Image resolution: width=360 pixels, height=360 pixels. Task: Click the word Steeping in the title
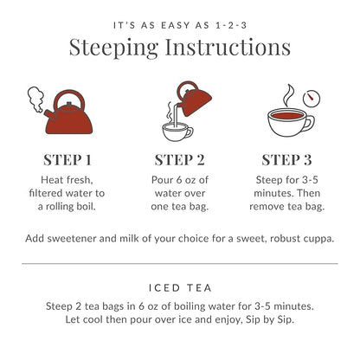(x=113, y=48)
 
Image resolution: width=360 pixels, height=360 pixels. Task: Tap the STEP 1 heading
(x=67, y=160)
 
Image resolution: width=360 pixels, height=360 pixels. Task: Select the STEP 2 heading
(x=179, y=160)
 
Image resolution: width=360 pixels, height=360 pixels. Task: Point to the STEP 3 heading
(x=286, y=160)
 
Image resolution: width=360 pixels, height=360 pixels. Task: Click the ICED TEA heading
(x=180, y=287)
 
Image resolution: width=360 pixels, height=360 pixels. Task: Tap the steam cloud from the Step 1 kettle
(x=35, y=100)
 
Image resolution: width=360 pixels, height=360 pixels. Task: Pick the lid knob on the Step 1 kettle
(x=69, y=104)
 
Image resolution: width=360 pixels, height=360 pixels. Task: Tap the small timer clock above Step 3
(x=312, y=98)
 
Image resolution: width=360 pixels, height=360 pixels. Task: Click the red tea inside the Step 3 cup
(x=287, y=115)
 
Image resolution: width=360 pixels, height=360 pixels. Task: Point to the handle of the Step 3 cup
(x=308, y=124)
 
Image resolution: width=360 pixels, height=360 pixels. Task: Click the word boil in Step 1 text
(x=86, y=206)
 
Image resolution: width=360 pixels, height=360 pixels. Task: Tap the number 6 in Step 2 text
(x=179, y=180)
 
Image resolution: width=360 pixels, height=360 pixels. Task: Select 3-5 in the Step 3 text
(x=310, y=180)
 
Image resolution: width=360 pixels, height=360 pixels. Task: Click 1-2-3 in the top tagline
(x=231, y=25)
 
